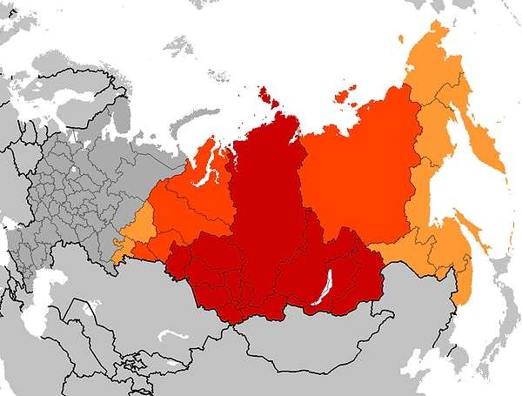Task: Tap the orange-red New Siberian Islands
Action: [x=345, y=94]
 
